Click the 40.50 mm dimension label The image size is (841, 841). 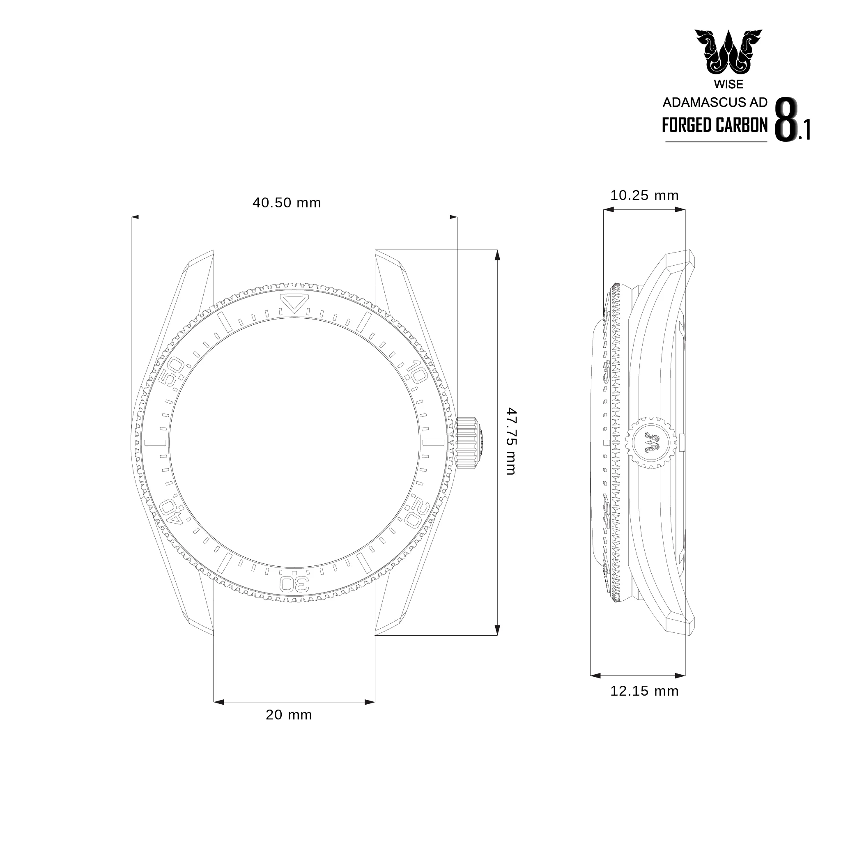(x=287, y=203)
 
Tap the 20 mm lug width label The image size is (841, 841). (x=289, y=715)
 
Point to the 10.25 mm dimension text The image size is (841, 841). (x=644, y=195)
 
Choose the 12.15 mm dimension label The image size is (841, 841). (x=644, y=691)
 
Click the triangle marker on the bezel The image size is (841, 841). (x=294, y=302)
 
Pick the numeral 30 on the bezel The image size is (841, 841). (x=294, y=584)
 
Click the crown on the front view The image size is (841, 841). (x=468, y=442)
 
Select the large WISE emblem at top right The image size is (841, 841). (x=728, y=53)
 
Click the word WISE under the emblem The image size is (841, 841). (x=728, y=84)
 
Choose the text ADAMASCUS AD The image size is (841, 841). (x=715, y=103)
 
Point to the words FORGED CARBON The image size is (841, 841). (x=715, y=125)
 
